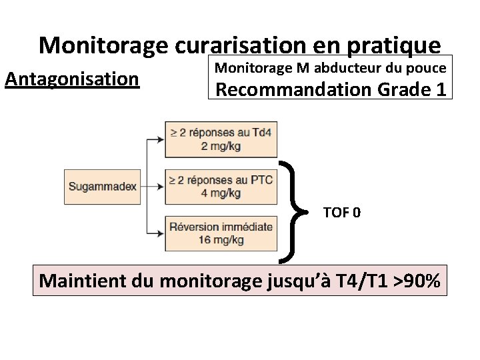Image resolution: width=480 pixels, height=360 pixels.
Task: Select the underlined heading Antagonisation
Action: pos(72,79)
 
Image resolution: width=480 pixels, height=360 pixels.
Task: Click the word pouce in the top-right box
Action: pos(428,67)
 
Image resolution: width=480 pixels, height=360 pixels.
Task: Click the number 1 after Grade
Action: pos(440,89)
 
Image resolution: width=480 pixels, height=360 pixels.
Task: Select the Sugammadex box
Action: pos(102,186)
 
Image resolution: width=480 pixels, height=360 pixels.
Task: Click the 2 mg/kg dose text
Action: pos(221,146)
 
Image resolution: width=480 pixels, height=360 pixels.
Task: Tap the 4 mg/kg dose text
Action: pos(221,193)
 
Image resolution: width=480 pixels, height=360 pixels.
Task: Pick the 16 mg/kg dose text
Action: pos(221,239)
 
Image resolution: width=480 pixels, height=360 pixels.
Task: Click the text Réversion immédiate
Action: pos(221,227)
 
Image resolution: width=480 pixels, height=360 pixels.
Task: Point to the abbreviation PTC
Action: pos(259,181)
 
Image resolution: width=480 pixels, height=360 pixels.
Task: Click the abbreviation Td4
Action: pos(263,133)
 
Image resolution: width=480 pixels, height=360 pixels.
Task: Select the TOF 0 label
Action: pos(342,213)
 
